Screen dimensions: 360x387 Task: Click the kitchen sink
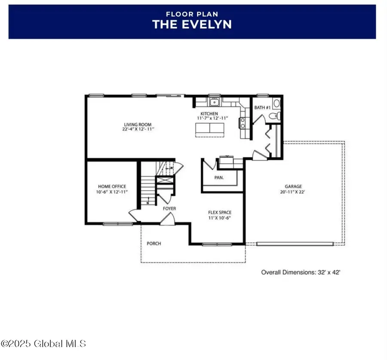click(214, 102)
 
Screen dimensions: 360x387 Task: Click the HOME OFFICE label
click(112, 186)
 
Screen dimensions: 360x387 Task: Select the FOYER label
click(169, 208)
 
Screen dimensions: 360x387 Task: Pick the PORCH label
click(154, 244)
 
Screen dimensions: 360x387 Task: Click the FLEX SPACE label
click(218, 212)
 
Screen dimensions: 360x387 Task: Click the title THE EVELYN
click(192, 24)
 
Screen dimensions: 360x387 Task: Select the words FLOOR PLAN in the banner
click(192, 14)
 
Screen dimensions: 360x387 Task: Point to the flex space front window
click(216, 244)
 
